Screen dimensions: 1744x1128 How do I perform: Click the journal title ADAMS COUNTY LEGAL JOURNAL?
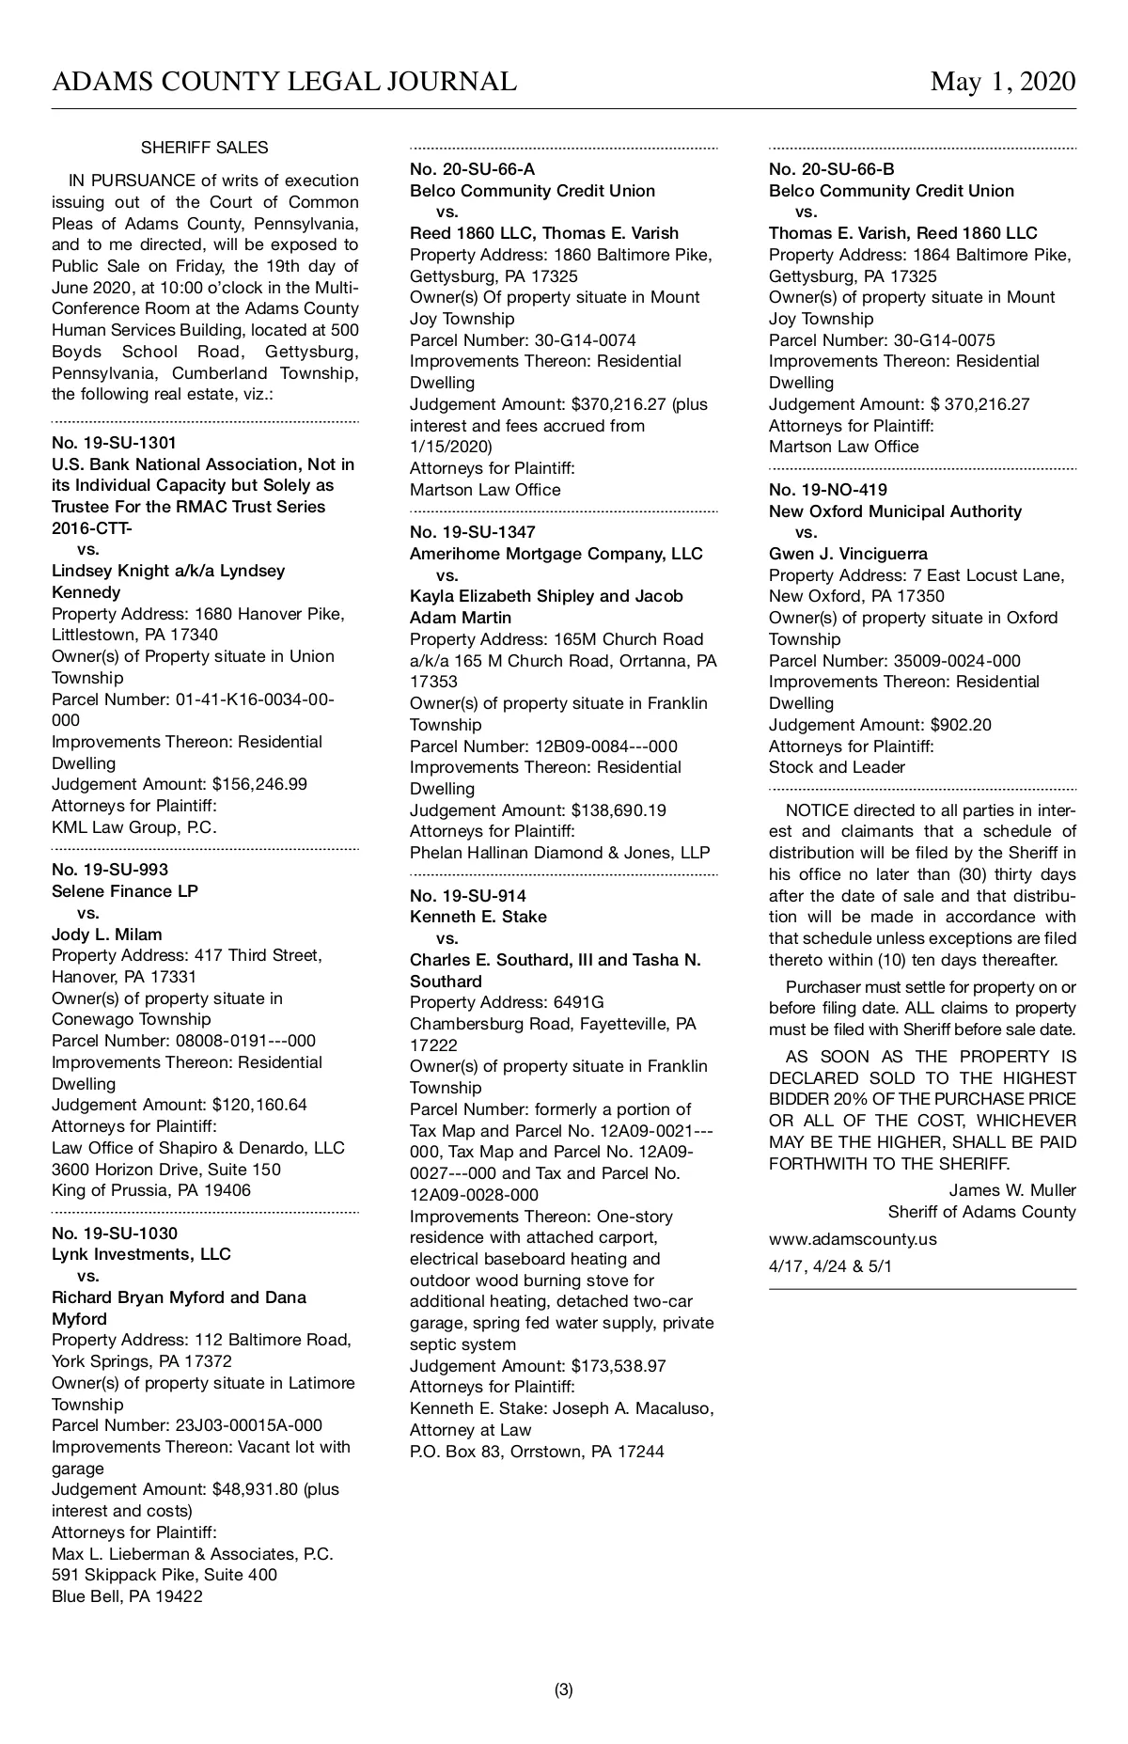284,83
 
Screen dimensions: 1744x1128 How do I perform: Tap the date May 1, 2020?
1003,83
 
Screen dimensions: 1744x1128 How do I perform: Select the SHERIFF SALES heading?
204,148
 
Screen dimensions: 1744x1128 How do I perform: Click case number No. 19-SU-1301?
115,443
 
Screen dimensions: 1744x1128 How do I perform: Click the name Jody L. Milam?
106,935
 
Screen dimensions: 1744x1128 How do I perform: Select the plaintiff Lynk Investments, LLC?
141,1254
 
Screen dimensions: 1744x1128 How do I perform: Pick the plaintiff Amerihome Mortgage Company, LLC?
556,554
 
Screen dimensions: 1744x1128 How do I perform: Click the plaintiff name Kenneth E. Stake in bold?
478,917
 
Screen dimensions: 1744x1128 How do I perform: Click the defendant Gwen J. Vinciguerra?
847,554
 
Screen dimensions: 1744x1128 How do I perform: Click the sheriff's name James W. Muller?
1012,1190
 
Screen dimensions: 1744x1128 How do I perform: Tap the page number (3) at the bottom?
564,1689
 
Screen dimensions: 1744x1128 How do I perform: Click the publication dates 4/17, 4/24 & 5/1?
831,1265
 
